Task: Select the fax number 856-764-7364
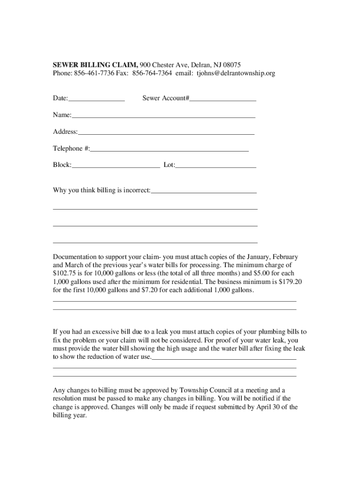(x=152, y=73)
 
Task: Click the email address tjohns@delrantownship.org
(x=236, y=73)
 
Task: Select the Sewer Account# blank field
(x=223, y=99)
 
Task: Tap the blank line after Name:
(x=163, y=116)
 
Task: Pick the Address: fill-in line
(x=166, y=132)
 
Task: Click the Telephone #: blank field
(x=169, y=149)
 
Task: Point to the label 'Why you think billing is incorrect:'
(x=101, y=190)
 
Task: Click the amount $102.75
(x=64, y=273)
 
